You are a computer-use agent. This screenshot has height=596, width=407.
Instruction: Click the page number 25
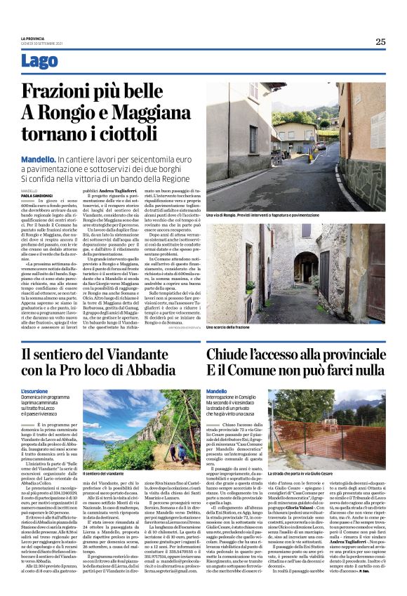point(380,41)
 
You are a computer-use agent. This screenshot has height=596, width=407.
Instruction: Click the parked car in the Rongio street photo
point(320,145)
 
